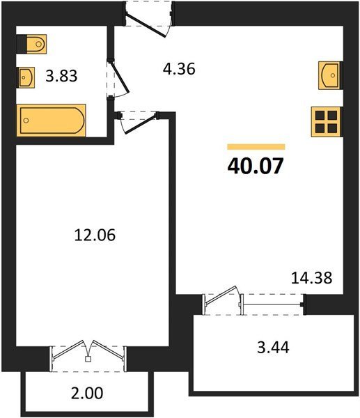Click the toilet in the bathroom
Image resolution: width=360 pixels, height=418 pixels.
tap(36, 44)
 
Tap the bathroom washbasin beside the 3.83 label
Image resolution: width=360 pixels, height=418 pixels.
tap(26, 77)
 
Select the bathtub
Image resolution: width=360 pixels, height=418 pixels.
tap(51, 121)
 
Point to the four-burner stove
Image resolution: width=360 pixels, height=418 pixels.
tap(326, 122)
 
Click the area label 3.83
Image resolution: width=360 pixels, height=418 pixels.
tap(61, 76)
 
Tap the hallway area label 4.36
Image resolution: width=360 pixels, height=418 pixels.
tap(179, 69)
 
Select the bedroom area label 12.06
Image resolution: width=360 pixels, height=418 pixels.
tap(95, 235)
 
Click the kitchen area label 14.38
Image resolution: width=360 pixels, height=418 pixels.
tap(311, 278)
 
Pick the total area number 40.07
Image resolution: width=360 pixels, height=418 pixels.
tap(255, 166)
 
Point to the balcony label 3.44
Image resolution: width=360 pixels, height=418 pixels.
tap(273, 348)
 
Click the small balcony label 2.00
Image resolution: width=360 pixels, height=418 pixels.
tap(87, 393)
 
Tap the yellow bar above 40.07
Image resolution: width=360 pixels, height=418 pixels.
tap(256, 147)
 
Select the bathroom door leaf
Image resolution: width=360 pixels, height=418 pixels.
tap(119, 77)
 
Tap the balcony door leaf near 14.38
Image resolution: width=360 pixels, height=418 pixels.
tap(221, 296)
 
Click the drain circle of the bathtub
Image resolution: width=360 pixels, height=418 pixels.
tap(26, 121)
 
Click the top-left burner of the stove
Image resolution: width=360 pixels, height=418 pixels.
tap(320, 116)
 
